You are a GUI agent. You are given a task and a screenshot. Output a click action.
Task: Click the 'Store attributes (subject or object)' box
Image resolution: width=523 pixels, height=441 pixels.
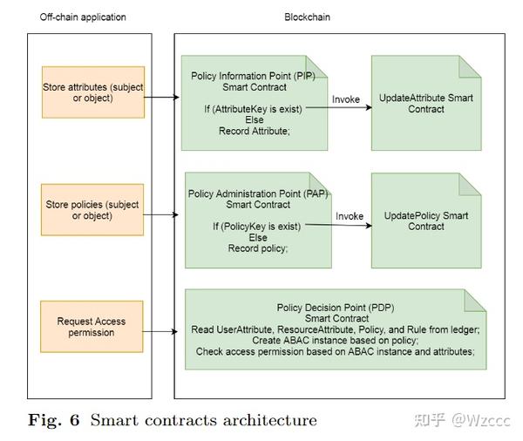click(x=92, y=92)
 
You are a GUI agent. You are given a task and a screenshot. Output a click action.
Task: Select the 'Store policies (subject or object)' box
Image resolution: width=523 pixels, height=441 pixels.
click(x=92, y=210)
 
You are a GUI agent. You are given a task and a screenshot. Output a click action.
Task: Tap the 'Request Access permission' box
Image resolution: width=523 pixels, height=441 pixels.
click(x=92, y=327)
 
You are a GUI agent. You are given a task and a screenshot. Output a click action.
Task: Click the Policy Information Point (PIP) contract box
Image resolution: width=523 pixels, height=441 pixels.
click(x=253, y=103)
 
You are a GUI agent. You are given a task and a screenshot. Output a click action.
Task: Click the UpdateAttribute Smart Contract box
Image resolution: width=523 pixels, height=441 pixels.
click(x=426, y=103)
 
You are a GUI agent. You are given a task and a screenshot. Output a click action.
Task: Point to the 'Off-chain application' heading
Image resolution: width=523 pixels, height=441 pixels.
click(x=84, y=17)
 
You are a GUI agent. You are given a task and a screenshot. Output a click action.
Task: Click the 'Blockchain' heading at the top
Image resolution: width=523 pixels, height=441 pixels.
click(x=309, y=17)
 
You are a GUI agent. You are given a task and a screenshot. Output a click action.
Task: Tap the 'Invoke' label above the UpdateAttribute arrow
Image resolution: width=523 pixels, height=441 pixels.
click(x=346, y=99)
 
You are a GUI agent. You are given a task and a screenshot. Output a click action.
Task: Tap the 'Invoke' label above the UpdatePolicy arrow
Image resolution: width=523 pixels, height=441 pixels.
click(x=350, y=216)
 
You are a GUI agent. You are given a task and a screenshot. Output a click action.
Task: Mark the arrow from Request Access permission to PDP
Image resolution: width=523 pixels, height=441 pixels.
click(x=164, y=332)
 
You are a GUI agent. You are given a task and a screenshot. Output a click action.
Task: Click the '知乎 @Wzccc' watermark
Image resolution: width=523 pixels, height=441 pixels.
click(x=461, y=419)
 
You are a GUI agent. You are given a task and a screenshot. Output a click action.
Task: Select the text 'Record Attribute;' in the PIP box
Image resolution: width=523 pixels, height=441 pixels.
click(x=252, y=131)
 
